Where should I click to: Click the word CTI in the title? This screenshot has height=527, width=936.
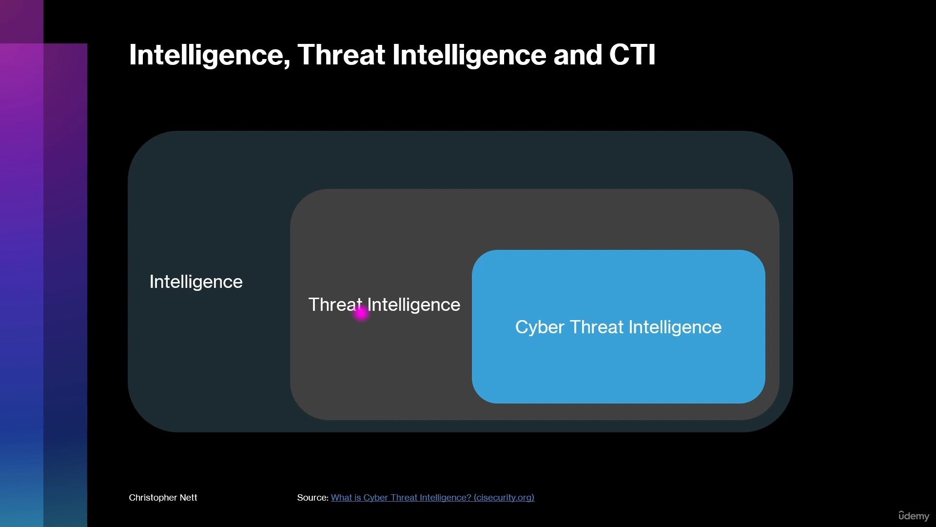click(632, 54)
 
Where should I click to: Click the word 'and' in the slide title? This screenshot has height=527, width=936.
click(578, 54)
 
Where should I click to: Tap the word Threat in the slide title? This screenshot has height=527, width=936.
click(341, 54)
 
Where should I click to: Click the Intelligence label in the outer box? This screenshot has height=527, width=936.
click(196, 282)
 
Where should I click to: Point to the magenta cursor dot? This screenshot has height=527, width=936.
click(361, 313)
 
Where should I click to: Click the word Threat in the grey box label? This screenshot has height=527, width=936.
click(335, 304)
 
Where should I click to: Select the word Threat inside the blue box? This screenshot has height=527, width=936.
click(597, 327)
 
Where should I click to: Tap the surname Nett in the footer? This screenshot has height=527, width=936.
click(189, 497)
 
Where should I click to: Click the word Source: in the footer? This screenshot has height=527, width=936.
click(313, 497)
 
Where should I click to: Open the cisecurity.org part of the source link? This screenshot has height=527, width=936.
click(504, 498)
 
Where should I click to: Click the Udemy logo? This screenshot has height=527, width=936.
click(914, 516)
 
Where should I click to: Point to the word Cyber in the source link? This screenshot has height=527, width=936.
click(376, 498)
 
